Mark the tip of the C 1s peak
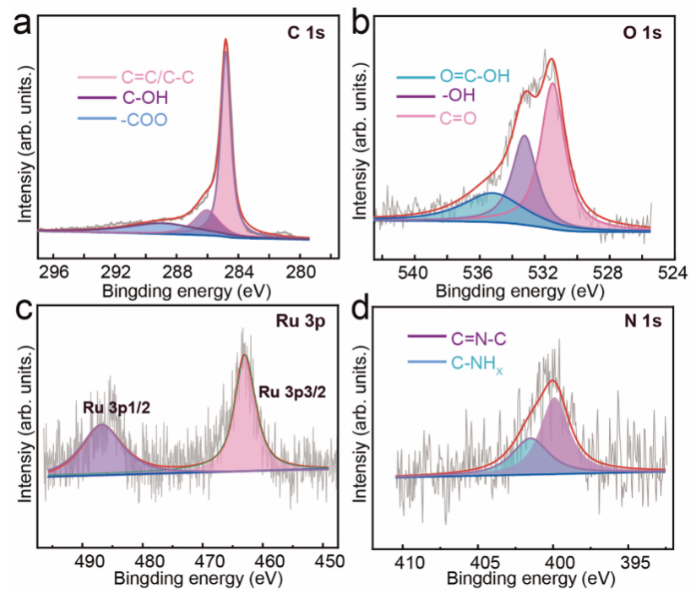[x=226, y=40]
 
